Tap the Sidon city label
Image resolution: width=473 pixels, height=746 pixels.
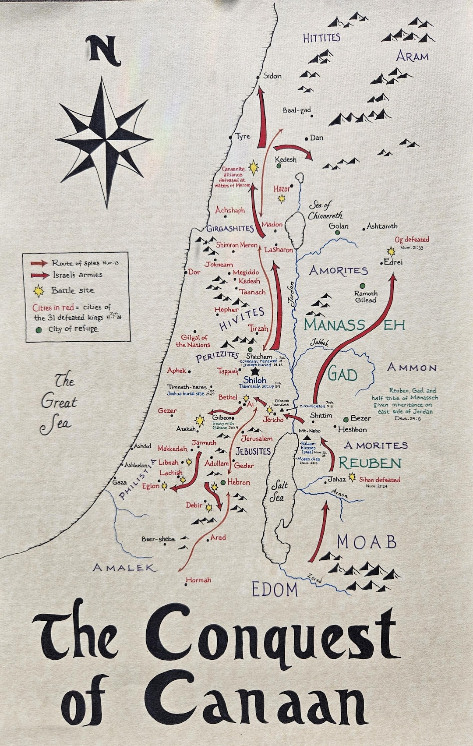pyautogui.click(x=272, y=76)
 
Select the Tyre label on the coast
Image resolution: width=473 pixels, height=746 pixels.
pyautogui.click(x=243, y=136)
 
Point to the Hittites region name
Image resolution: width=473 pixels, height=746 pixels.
pyautogui.click(x=321, y=38)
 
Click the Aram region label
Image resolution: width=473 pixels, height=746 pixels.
pyautogui.click(x=412, y=56)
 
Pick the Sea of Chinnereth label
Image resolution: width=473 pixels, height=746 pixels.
pyautogui.click(x=325, y=210)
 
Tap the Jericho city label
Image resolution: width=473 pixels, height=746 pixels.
pyautogui.click(x=273, y=420)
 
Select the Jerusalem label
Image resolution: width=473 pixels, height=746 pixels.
pyautogui.click(x=257, y=438)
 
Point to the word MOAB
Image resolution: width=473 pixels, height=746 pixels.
pyautogui.click(x=367, y=542)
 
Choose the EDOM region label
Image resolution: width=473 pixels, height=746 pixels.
pyautogui.click(x=275, y=590)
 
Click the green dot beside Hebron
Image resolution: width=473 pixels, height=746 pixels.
pyautogui.click(x=223, y=482)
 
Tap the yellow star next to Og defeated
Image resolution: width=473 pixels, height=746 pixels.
pyautogui.click(x=391, y=251)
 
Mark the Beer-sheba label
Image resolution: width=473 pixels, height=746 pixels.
pyautogui.click(x=158, y=539)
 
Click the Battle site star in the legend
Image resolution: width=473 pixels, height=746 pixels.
pyautogui.click(x=39, y=290)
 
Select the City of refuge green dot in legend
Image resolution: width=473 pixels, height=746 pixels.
pyautogui.click(x=39, y=329)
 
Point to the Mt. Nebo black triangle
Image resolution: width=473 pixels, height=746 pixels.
pyautogui.click(x=307, y=438)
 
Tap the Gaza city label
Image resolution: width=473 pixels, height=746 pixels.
pyautogui.click(x=120, y=482)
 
